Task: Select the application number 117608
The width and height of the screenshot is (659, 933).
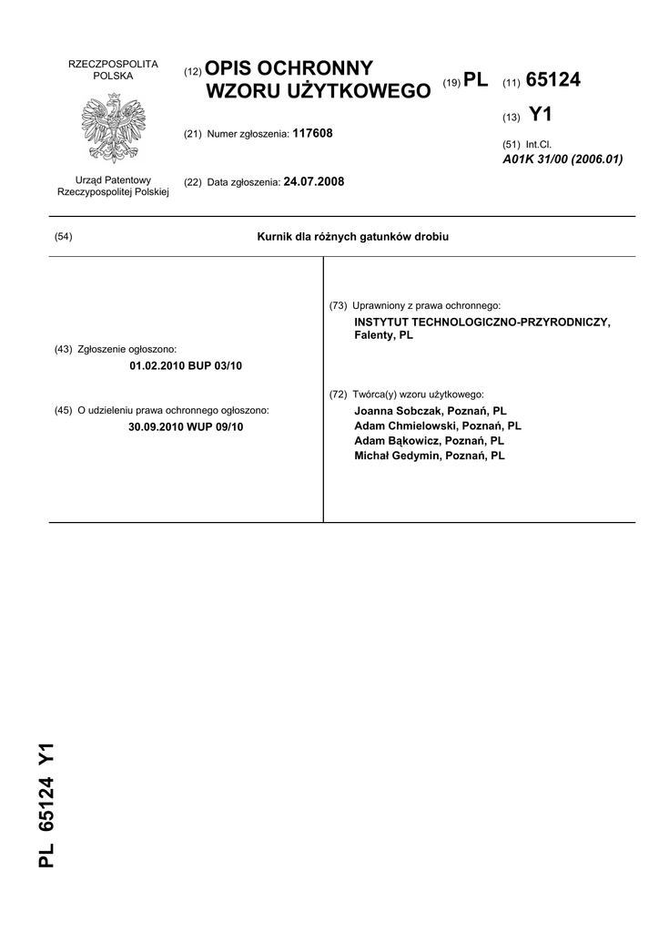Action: [x=312, y=133]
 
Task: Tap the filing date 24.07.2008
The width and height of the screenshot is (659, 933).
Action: [x=314, y=181]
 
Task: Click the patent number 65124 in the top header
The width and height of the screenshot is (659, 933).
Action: [x=553, y=81]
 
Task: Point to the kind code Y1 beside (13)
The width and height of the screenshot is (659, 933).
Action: [x=540, y=115]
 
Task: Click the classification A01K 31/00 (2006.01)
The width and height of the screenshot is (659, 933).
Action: [x=563, y=159]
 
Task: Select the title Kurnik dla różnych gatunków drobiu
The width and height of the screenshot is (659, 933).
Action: [x=353, y=237]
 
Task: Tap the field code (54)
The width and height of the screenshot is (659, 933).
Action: [x=64, y=237]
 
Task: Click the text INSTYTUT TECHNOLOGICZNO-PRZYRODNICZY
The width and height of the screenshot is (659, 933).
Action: [x=482, y=323]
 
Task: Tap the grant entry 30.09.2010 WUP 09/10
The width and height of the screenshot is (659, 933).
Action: [x=187, y=426]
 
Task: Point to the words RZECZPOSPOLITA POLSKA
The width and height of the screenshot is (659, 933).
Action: [x=114, y=70]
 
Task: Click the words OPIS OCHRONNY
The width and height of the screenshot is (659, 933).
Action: [x=290, y=68]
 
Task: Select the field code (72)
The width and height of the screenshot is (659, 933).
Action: [x=338, y=395]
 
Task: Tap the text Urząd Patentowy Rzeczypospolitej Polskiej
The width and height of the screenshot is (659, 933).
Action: [x=113, y=187]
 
